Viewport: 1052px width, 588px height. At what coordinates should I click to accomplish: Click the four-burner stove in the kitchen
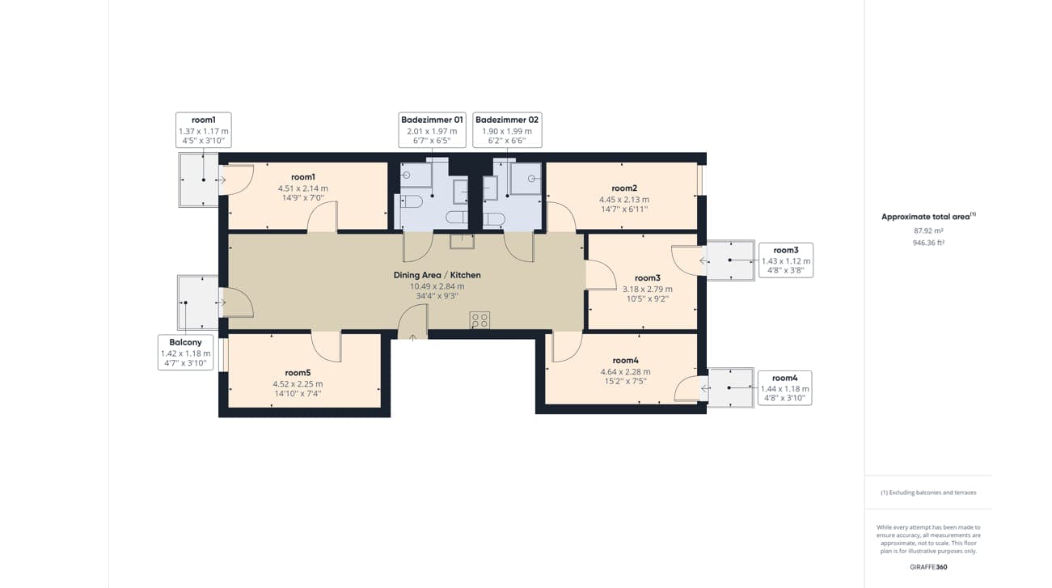point(480,320)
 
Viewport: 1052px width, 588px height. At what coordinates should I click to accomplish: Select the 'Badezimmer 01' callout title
point(432,120)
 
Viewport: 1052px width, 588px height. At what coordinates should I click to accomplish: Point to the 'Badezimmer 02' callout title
point(507,120)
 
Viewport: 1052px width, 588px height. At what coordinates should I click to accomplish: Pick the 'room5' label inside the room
point(298,373)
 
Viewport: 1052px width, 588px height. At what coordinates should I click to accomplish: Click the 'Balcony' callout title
point(185,342)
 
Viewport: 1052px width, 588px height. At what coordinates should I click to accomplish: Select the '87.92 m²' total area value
point(927,231)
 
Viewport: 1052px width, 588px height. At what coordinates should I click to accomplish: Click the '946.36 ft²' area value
point(927,242)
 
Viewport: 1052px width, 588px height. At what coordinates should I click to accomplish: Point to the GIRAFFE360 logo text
point(927,567)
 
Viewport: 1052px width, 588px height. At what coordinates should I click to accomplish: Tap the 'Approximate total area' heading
point(925,217)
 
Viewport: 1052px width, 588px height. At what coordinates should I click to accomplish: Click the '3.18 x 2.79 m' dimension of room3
point(647,289)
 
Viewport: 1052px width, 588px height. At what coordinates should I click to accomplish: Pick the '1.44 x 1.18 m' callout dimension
point(784,389)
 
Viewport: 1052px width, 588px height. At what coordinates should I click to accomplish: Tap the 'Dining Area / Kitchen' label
point(437,275)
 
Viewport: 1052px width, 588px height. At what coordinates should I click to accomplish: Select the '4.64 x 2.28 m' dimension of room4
point(625,371)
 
